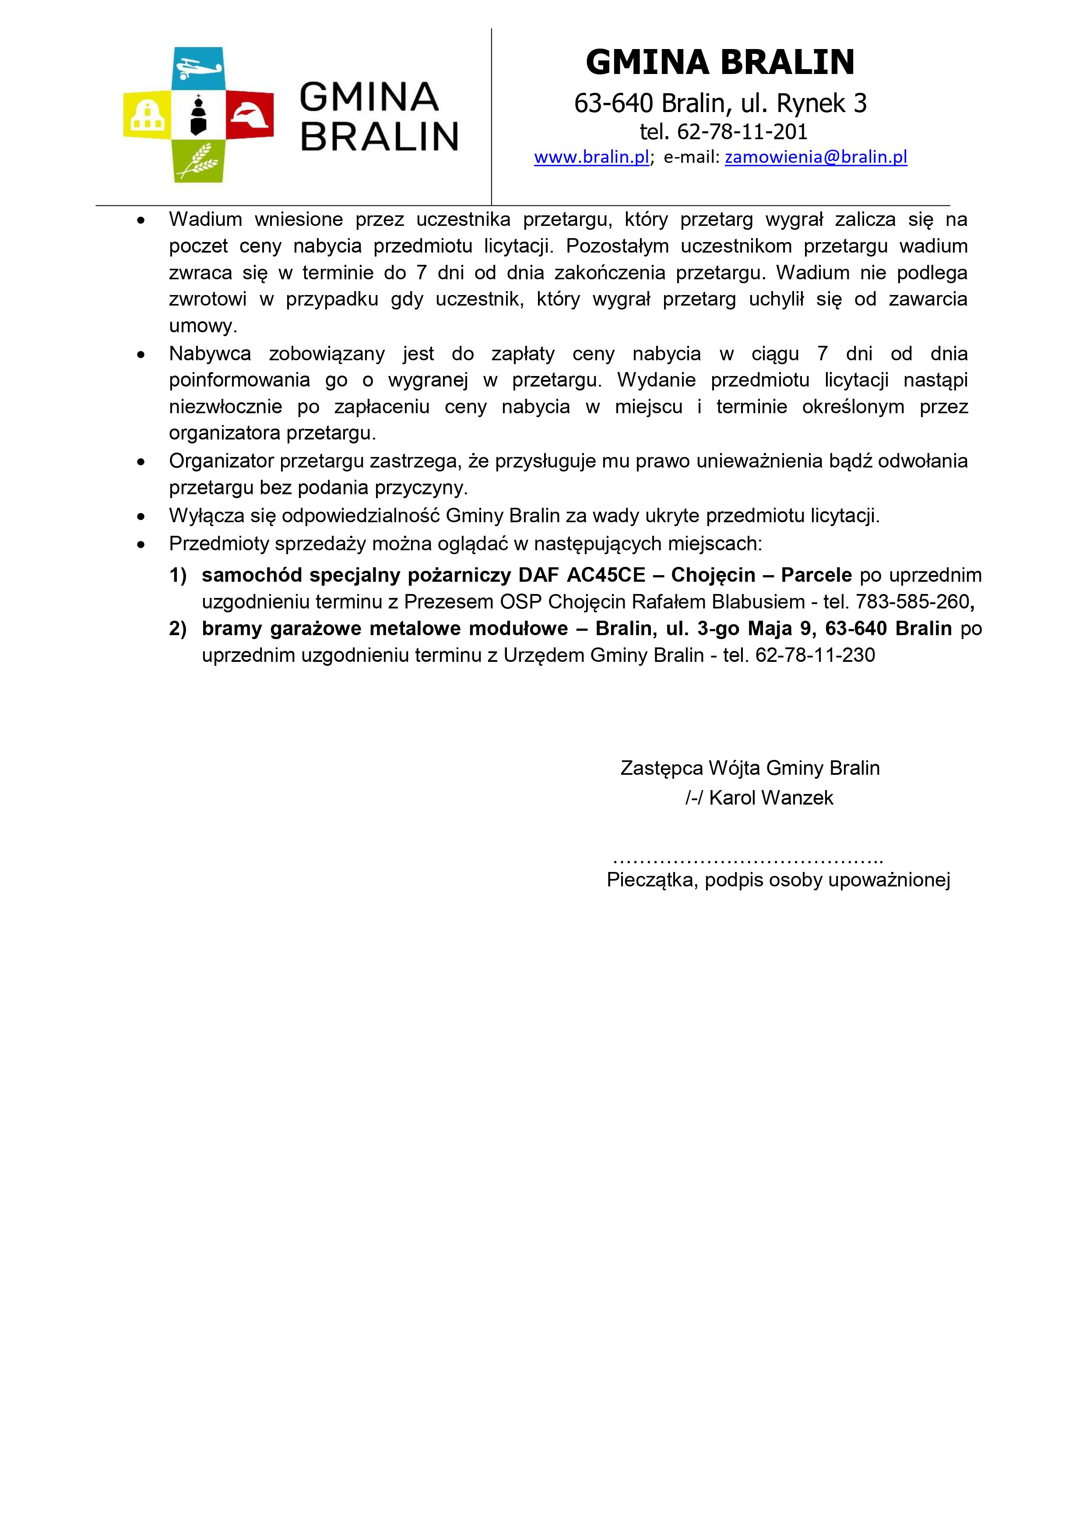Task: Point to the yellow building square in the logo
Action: (147, 114)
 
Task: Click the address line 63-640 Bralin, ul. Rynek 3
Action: (720, 103)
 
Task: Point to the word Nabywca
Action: (209, 353)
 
